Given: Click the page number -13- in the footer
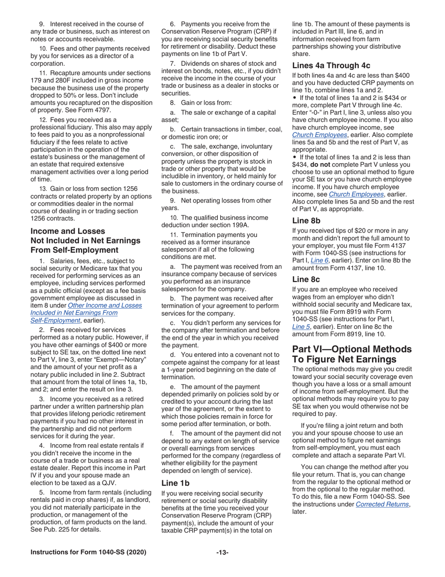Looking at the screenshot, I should [222, 553].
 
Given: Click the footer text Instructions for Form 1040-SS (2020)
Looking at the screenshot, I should [88, 553].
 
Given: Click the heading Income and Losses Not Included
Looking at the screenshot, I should [85, 241].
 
